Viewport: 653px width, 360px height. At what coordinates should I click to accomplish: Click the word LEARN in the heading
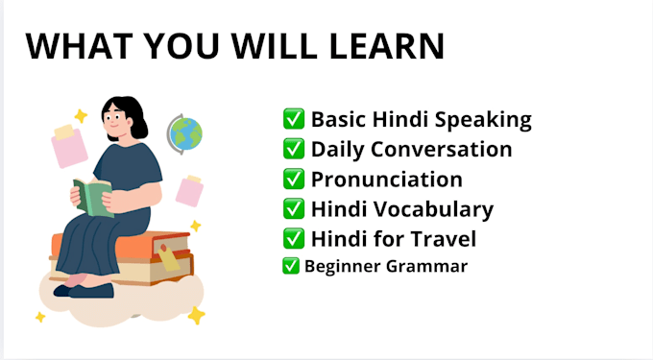[387, 46]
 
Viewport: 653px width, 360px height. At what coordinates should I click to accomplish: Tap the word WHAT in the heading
[79, 46]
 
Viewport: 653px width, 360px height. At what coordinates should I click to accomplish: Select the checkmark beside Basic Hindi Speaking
[294, 119]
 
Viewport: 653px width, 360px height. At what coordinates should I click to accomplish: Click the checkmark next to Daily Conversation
[294, 149]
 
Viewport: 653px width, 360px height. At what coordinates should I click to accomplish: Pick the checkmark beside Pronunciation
[294, 179]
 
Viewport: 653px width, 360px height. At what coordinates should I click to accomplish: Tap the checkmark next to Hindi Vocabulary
[294, 209]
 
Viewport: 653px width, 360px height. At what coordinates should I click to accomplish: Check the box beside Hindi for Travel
[294, 239]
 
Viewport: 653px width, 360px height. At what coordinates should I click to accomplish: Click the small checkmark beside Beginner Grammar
[291, 266]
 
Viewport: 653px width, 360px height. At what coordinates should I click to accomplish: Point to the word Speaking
[483, 120]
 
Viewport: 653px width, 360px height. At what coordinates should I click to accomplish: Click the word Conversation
[442, 149]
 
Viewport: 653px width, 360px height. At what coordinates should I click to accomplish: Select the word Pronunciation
[387, 180]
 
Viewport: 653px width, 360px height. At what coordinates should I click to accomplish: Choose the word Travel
[444, 239]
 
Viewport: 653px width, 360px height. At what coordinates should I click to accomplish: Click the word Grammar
[427, 266]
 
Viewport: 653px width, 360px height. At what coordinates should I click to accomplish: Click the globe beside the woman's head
[185, 134]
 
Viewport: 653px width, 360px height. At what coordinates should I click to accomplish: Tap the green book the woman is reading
[92, 197]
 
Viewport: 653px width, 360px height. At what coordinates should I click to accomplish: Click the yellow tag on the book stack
[168, 257]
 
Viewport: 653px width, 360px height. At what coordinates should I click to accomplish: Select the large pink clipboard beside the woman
[69, 147]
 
